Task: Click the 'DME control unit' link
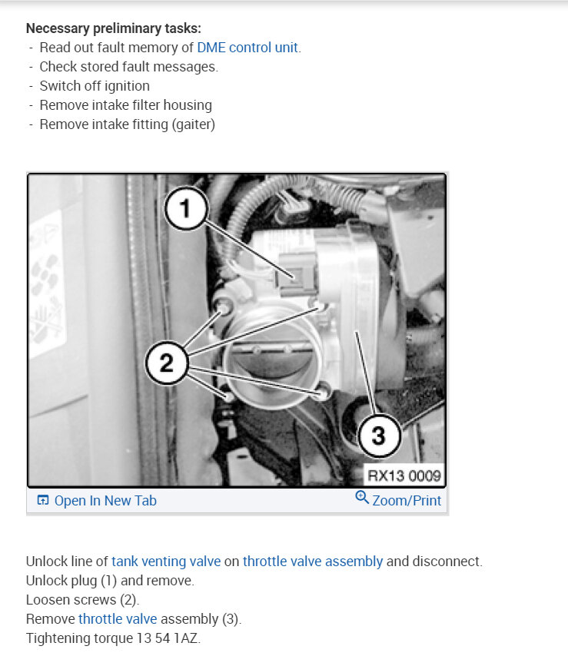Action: (247, 48)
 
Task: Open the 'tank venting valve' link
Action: (165, 561)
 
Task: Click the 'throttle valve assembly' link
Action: (312, 561)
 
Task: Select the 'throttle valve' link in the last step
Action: (117, 618)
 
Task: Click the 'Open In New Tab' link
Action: (105, 501)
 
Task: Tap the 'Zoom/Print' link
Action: (407, 501)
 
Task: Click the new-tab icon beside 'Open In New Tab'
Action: (43, 501)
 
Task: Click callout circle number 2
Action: (167, 363)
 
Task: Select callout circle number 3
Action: (377, 436)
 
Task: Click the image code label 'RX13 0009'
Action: (404, 475)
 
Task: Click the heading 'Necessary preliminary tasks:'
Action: (114, 28)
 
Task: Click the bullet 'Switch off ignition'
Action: (95, 86)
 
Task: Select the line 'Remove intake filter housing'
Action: (125, 105)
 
